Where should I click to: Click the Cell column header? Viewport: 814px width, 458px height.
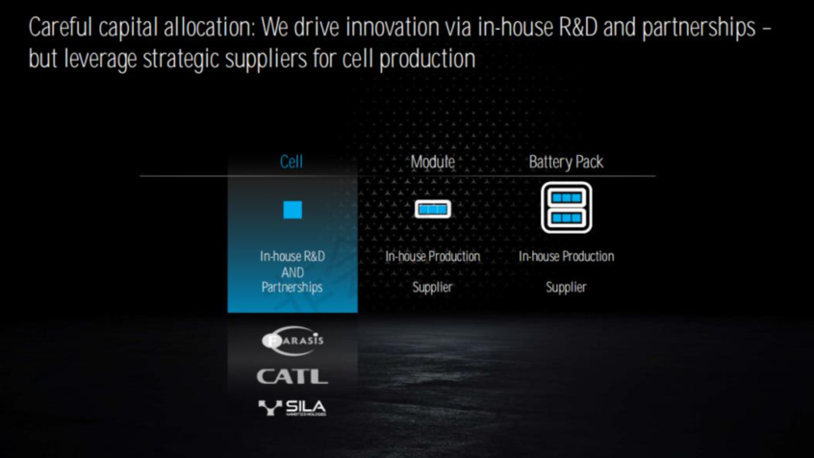coord(292,162)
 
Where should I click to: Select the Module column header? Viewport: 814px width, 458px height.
coord(432,162)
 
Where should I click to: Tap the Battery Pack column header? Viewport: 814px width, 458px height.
coord(566,162)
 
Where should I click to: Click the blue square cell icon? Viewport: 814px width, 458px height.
coord(293,210)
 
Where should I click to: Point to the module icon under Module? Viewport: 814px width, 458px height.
coord(433,209)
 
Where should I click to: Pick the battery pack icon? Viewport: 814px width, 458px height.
coord(567,207)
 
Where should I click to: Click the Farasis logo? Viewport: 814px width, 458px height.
coord(293,340)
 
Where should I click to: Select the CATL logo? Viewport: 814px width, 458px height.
coord(293,376)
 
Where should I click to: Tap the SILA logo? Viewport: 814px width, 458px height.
coord(293,408)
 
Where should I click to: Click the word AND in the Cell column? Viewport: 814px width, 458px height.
coord(293,272)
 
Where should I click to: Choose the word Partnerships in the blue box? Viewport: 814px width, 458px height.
coord(293,287)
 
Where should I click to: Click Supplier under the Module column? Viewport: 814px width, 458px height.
coord(432,287)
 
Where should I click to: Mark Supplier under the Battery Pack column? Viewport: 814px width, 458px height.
coord(566,287)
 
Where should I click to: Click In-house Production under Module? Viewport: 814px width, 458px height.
coord(432,256)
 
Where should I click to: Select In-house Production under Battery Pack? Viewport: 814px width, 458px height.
coord(567,256)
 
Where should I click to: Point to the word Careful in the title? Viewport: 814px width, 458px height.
coord(61,27)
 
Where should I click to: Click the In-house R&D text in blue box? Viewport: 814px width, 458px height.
coord(293,256)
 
